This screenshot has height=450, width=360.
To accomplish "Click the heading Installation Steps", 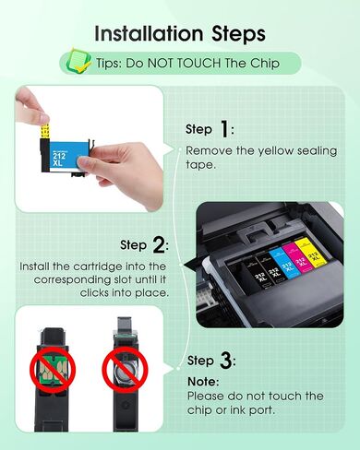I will [x=180, y=33].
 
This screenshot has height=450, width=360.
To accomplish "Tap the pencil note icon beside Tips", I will [x=77, y=64].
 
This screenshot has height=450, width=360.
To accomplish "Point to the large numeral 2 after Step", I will [x=160, y=245].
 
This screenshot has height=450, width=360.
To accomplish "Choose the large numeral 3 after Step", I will [x=226, y=361].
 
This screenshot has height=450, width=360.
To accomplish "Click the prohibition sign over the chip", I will [x=47, y=370].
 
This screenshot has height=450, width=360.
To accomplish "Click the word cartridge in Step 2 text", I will [x=92, y=266].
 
